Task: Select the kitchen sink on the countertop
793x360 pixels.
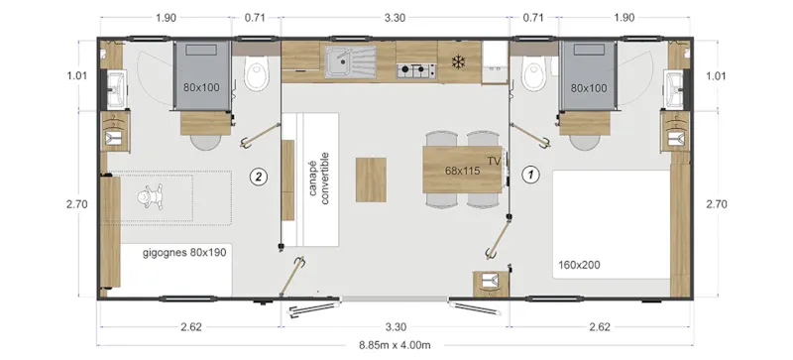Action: (x=346, y=62)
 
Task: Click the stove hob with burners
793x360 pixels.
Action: (x=417, y=69)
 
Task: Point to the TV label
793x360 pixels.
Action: (x=494, y=161)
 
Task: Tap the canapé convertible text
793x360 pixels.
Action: (x=319, y=180)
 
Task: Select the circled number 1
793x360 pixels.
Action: (x=529, y=173)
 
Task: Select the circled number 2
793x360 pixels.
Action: (x=259, y=177)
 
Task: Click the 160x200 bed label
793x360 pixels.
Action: (x=579, y=265)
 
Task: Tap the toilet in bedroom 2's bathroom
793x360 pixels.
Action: (x=256, y=72)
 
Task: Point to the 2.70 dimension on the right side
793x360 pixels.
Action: (x=719, y=204)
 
